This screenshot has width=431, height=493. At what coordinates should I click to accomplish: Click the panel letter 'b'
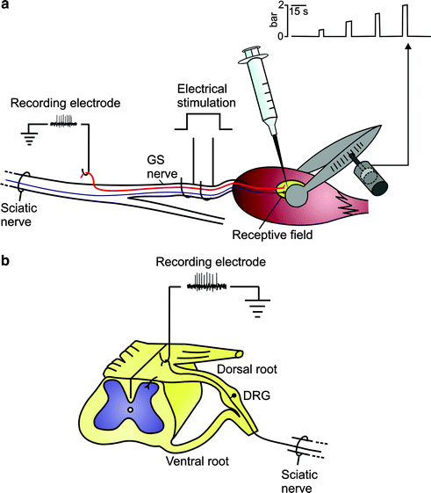tap(8, 261)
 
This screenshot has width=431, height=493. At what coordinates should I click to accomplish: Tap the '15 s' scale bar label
tap(304, 11)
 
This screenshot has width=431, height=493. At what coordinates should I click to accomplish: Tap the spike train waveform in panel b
tap(209, 282)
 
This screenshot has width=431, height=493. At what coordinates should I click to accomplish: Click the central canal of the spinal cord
tap(130, 410)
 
